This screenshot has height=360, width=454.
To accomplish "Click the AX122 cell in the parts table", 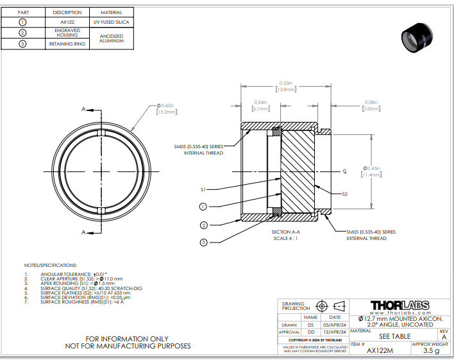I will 67,22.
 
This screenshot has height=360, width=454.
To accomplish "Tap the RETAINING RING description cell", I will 67,44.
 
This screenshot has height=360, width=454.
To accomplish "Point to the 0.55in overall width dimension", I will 285,86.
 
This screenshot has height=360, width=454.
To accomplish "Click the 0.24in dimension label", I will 260,106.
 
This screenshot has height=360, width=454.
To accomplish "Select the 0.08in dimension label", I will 371,106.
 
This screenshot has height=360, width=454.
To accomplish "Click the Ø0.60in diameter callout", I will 166,108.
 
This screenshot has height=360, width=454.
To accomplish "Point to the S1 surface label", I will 203,189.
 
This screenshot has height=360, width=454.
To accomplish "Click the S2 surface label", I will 344,193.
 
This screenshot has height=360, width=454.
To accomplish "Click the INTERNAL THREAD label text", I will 203,153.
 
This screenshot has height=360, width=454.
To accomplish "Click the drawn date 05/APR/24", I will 335,325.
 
